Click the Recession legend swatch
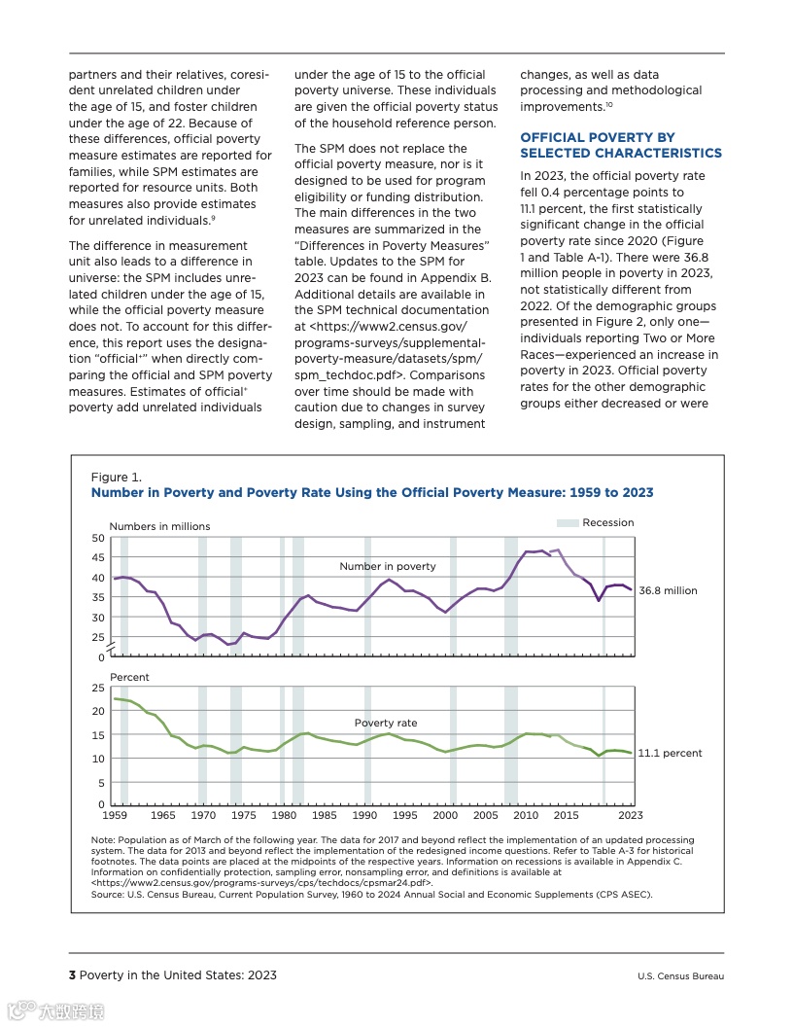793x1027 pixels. (x=568, y=523)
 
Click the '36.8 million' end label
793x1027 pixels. (x=668, y=590)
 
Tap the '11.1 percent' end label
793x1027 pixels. (x=670, y=753)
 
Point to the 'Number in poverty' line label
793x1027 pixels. (x=388, y=566)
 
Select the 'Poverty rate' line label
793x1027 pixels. (x=386, y=723)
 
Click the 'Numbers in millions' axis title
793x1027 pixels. (x=159, y=526)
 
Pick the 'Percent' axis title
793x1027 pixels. (x=129, y=677)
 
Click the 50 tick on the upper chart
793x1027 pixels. (x=98, y=538)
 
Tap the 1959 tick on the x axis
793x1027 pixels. (x=115, y=815)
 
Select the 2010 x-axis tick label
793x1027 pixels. (x=526, y=815)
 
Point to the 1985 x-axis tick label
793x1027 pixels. (x=325, y=815)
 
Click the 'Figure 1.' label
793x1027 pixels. (x=116, y=477)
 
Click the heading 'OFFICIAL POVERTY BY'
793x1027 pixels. (x=598, y=137)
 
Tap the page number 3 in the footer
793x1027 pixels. (x=72, y=975)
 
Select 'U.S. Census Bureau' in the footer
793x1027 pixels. (x=680, y=976)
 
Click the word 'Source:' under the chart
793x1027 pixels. (x=107, y=894)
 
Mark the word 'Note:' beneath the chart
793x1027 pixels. (x=103, y=839)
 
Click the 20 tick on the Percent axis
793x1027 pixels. (x=98, y=711)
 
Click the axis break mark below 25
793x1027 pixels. (x=111, y=647)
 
